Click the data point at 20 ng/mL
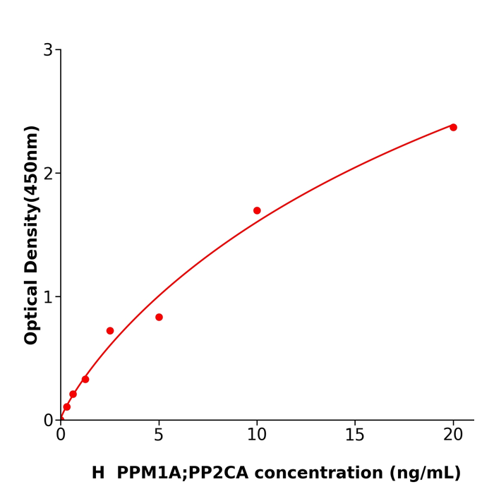click(453, 128)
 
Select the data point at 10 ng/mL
click(257, 211)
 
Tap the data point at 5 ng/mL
click(159, 318)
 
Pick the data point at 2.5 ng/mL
click(110, 331)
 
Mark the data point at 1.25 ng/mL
click(85, 380)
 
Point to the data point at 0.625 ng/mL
click(73, 394)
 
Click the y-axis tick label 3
click(48, 50)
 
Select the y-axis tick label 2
click(48, 174)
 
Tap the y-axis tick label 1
click(48, 297)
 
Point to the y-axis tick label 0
click(48, 421)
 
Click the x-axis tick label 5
click(159, 435)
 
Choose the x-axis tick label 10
click(257, 435)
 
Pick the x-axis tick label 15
click(355, 435)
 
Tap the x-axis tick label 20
click(453, 435)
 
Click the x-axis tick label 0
click(61, 435)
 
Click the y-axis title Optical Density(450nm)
click(32, 235)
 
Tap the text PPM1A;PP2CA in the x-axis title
click(182, 474)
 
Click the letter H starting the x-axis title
click(98, 474)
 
